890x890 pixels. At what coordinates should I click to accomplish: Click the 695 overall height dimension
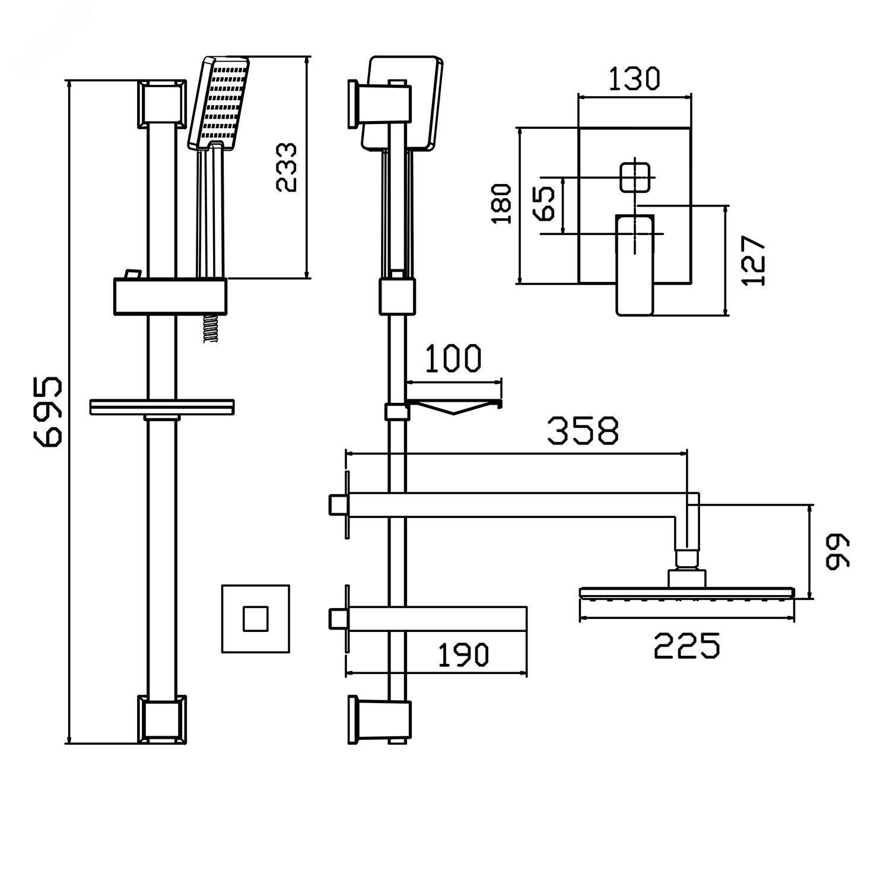(47, 409)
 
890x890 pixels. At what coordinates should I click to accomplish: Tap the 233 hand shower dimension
(288, 167)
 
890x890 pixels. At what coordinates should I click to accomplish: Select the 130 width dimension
(634, 79)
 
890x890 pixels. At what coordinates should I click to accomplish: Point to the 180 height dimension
(503, 204)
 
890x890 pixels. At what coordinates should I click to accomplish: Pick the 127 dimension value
(754, 260)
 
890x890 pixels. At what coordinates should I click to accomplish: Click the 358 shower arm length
(583, 431)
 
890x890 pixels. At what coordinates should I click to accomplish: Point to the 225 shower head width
(687, 646)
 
